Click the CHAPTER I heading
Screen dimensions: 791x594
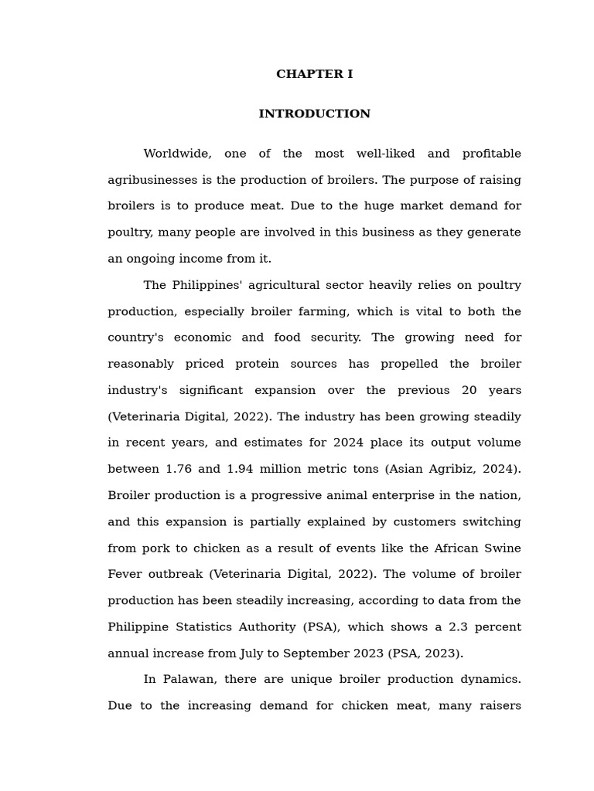[314, 74]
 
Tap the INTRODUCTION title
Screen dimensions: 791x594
[314, 114]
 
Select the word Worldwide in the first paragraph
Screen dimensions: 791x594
[177, 154]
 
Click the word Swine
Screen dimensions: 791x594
[503, 548]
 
